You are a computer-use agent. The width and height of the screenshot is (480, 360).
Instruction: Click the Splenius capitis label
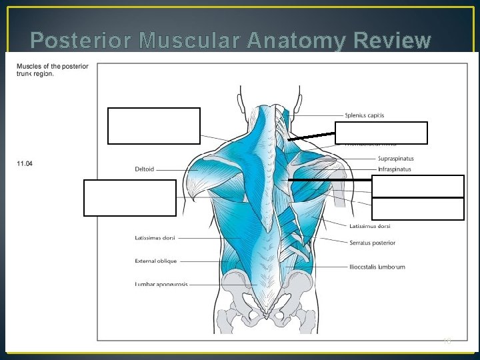tap(364, 115)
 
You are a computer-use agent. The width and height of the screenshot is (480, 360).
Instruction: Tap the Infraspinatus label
tap(394, 169)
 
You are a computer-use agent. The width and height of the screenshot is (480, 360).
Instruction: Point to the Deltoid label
tap(144, 169)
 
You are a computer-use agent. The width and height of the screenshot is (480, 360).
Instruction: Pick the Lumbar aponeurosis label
tap(161, 284)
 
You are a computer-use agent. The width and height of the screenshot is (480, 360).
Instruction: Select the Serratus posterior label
tap(372, 243)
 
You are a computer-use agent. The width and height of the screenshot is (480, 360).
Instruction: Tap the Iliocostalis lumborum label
tap(377, 267)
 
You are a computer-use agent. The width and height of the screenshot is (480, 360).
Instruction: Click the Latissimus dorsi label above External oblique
tap(155, 237)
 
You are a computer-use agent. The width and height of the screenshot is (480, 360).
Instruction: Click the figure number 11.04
tap(24, 164)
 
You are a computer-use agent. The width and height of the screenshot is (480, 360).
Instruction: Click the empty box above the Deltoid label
tap(153, 125)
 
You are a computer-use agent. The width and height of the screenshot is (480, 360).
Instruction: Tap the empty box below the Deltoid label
tap(130, 197)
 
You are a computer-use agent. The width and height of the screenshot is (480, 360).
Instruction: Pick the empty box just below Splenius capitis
tap(381, 133)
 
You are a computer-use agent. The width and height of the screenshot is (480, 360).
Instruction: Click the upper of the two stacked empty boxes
tap(417, 186)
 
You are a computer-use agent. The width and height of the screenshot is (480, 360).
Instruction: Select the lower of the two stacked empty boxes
tap(417, 209)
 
